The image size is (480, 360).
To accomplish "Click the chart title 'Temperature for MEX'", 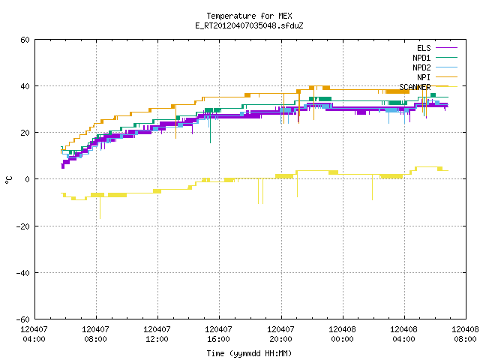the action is click(249, 16).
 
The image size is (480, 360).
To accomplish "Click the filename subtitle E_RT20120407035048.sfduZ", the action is click(249, 25).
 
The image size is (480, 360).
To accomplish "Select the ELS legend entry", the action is click(437, 48).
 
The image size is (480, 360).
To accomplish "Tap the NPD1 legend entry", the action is click(435, 58).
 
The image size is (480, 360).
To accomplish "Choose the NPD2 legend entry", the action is click(435, 67).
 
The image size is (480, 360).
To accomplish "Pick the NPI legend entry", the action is click(437, 77).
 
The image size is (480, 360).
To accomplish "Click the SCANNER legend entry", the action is click(428, 87).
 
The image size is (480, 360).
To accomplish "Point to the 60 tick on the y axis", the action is click(25, 40).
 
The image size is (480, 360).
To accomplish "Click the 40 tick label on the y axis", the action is click(25, 86).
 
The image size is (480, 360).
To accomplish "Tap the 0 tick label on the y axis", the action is click(28, 179).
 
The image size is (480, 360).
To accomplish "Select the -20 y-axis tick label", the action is click(23, 226).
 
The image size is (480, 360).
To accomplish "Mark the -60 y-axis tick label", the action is click(23, 319).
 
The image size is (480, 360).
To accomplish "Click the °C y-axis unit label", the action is click(8, 180).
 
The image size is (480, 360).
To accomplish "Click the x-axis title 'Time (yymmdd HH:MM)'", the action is click(249, 353).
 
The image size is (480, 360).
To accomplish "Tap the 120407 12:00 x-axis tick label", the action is click(157, 334).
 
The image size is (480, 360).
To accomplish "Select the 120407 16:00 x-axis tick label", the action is click(218, 334).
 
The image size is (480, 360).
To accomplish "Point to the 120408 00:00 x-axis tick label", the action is click(342, 334).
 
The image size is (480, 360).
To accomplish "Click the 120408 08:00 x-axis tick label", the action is click(465, 334).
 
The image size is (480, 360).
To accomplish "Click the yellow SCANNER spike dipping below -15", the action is click(100, 208).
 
